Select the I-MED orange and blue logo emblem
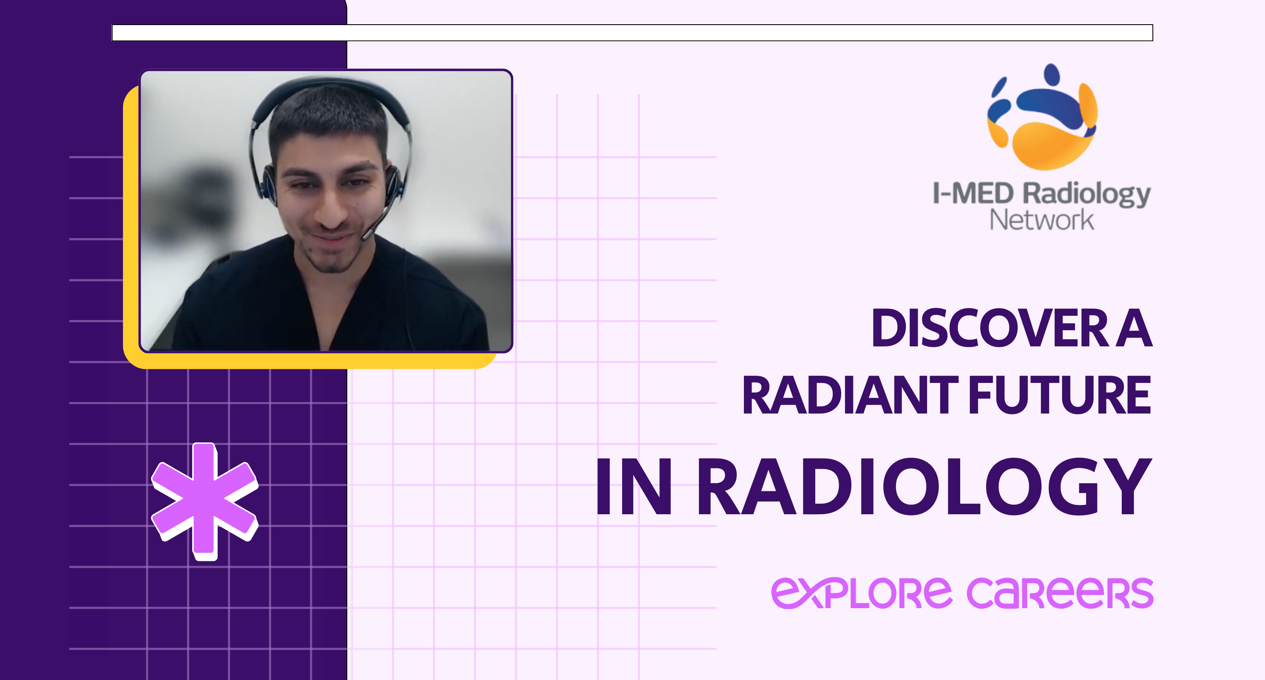(x=1042, y=118)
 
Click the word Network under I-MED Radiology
(x=1041, y=220)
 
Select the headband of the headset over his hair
(x=329, y=86)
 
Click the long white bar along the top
(x=632, y=33)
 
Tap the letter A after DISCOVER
(x=1134, y=328)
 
